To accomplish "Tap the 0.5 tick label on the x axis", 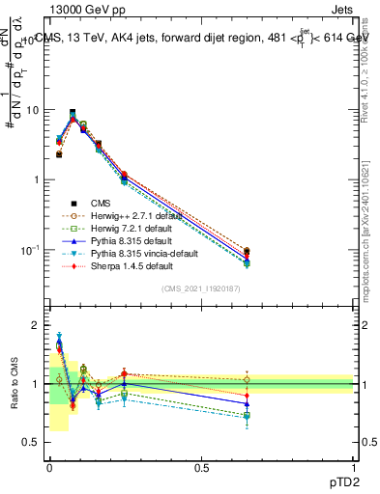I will (x=202, y=466).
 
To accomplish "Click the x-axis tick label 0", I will (x=49, y=466).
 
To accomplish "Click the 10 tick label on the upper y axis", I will (x=34, y=109).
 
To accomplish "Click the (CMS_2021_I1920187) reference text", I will (x=202, y=288).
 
